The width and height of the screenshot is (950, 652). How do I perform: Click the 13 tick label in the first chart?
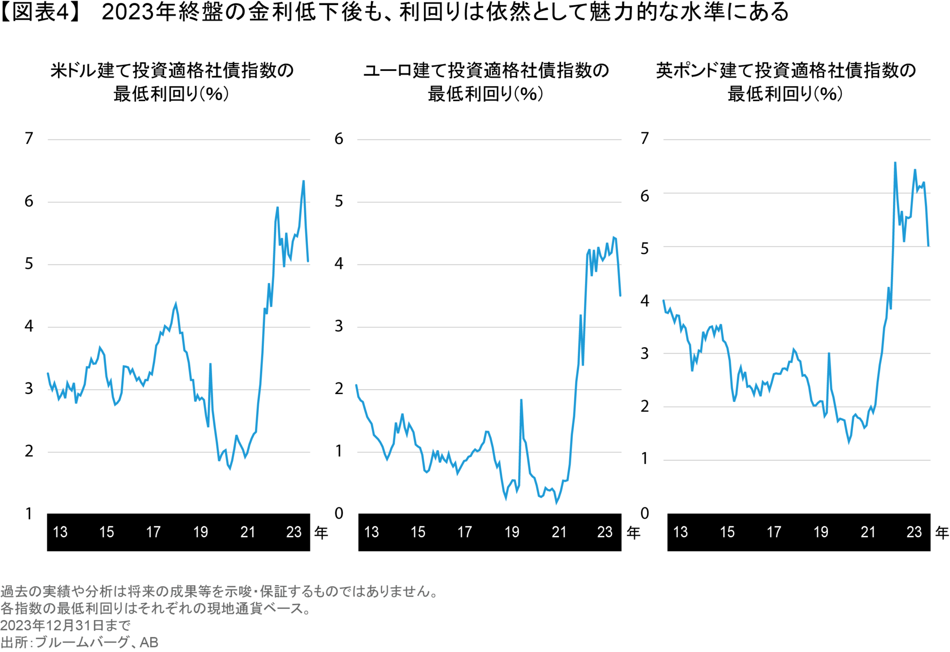pyautogui.click(x=60, y=532)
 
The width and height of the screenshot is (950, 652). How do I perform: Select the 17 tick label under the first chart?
pyautogui.click(x=154, y=532)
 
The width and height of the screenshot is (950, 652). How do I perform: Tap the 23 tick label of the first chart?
pyautogui.click(x=294, y=532)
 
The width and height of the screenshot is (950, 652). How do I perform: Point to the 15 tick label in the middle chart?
pyautogui.click(x=418, y=532)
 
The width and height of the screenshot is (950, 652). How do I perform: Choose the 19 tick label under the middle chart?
pyautogui.click(x=512, y=532)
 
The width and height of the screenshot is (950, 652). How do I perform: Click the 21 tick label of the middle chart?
pyautogui.click(x=559, y=532)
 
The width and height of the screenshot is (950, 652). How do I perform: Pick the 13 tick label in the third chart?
pyautogui.click(x=680, y=532)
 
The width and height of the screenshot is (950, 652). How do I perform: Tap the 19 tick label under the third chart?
pyautogui.click(x=821, y=532)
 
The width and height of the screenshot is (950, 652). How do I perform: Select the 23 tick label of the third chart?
pyautogui.click(x=914, y=532)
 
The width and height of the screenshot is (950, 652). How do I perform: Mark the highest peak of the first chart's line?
pyautogui.click(x=304, y=181)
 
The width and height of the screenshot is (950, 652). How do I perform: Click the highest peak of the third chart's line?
pyautogui.click(x=895, y=162)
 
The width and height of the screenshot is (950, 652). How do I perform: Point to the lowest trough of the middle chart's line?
pyautogui.click(x=557, y=504)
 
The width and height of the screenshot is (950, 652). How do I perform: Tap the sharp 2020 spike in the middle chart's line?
pyautogui.click(x=521, y=400)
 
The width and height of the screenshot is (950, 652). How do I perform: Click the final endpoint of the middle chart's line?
pyautogui.click(x=620, y=296)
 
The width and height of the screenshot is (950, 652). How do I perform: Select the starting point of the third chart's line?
pyautogui.click(x=664, y=300)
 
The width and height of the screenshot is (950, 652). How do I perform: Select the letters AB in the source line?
pyautogui.click(x=149, y=642)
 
